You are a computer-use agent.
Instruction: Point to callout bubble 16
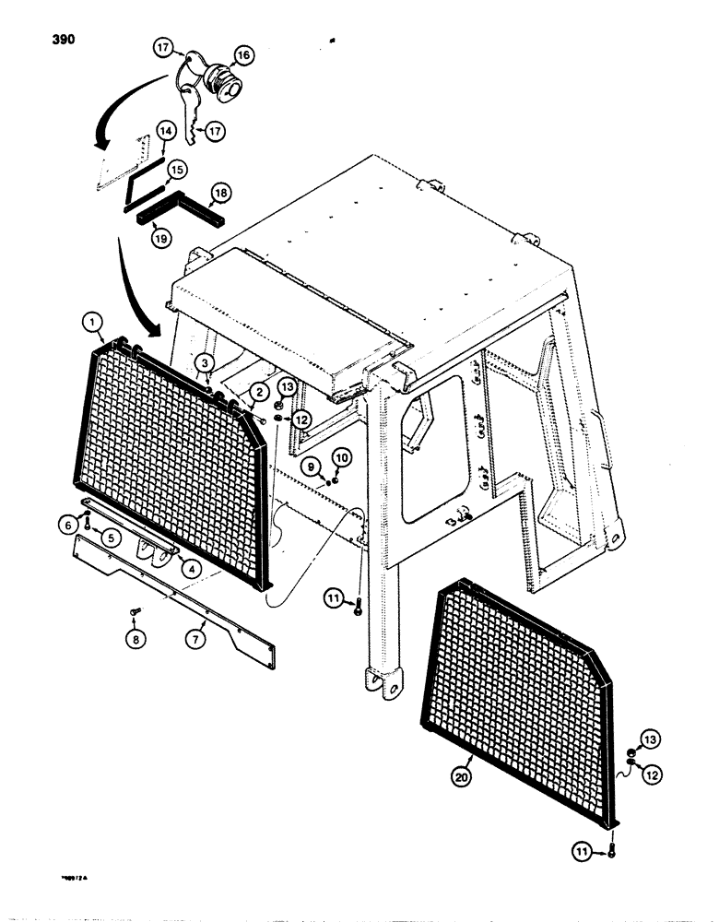coord(244,55)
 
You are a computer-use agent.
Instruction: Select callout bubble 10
coord(340,457)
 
